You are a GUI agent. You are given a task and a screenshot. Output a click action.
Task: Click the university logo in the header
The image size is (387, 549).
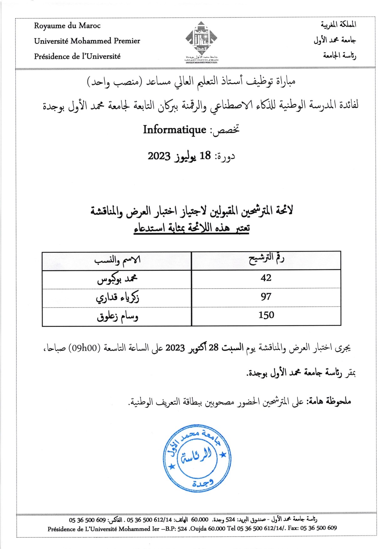(201, 41)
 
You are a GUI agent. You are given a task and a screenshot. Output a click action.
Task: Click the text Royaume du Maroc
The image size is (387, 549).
(67, 26)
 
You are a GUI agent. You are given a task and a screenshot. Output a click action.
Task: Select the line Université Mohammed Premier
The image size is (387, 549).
(87, 41)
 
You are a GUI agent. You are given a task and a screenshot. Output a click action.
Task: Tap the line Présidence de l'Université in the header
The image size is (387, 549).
(77, 56)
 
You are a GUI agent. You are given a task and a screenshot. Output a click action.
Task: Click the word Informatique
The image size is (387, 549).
(175, 130)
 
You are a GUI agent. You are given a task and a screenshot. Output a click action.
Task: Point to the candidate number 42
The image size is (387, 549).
(266, 278)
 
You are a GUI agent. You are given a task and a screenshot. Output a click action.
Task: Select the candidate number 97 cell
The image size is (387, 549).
(266, 297)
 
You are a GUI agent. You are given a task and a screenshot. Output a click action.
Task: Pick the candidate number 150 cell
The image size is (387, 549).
(266, 315)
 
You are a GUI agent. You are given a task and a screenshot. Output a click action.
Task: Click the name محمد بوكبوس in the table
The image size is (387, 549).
(117, 279)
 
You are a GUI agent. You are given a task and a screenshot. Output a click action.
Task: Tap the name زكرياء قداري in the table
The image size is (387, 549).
(117, 297)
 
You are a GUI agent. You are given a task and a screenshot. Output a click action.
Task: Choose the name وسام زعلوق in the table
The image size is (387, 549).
(117, 317)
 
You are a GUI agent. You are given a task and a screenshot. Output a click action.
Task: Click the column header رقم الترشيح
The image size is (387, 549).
(266, 259)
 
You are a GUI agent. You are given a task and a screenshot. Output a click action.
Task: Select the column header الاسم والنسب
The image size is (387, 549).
(117, 260)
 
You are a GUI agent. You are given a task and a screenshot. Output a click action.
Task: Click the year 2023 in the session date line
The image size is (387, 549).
(159, 156)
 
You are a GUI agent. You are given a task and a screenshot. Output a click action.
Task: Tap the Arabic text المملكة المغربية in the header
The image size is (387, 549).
(338, 24)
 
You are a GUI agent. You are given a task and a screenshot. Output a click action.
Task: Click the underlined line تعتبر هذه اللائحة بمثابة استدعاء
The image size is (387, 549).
(191, 228)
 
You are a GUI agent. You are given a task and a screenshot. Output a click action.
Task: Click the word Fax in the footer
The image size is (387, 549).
(293, 528)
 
